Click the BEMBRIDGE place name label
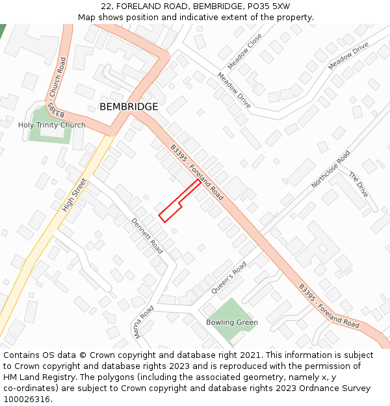pos(129,107)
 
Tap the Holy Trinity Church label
pos(52,125)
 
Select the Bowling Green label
pos(232,322)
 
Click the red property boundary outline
pos(179,201)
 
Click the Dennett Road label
pos(148,235)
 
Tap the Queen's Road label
pos(229,277)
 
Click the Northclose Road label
pos(330,169)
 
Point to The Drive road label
pos(358,184)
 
